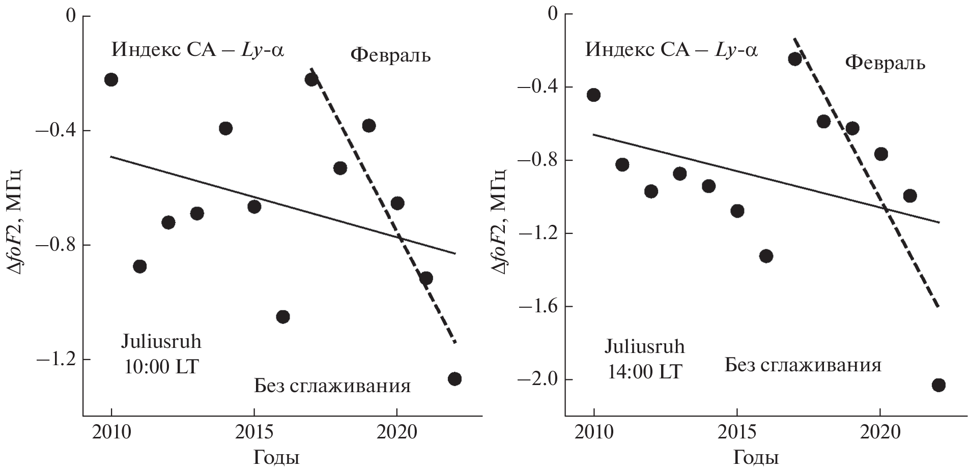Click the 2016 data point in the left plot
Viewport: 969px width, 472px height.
[283, 316]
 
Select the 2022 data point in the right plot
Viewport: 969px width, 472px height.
[938, 385]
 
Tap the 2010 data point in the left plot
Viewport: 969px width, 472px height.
[111, 79]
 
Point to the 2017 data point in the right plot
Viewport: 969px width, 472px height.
[795, 59]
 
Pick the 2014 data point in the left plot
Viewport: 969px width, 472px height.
[226, 128]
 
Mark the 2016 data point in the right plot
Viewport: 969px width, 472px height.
[766, 256]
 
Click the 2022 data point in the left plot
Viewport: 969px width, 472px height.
[454, 379]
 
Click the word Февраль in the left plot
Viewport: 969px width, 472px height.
[390, 55]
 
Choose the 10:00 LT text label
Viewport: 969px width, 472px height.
[161, 367]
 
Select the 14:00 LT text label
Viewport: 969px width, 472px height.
[644, 372]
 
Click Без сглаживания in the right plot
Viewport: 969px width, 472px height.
[803, 365]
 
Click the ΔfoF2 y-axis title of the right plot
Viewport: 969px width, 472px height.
[500, 220]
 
